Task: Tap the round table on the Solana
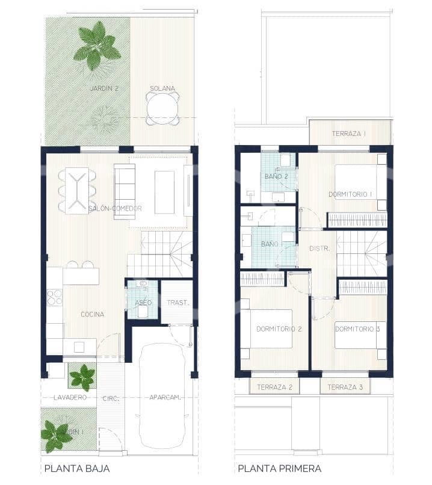pyautogui.click(x=162, y=109)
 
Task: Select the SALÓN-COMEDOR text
pyautogui.click(x=115, y=208)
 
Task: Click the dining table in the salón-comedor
pyautogui.click(x=77, y=191)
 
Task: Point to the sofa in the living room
pyautogui.click(x=125, y=190)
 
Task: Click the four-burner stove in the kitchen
pyautogui.click(x=55, y=297)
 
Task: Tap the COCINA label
pyautogui.click(x=92, y=314)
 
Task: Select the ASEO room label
pyautogui.click(x=143, y=302)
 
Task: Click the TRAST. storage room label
pyautogui.click(x=177, y=303)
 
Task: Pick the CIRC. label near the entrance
pyautogui.click(x=111, y=398)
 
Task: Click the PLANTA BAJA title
pyautogui.click(x=76, y=468)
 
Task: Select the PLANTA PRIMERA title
pyautogui.click(x=279, y=468)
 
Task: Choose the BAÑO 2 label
pyautogui.click(x=276, y=176)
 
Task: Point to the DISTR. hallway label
pyautogui.click(x=318, y=248)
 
